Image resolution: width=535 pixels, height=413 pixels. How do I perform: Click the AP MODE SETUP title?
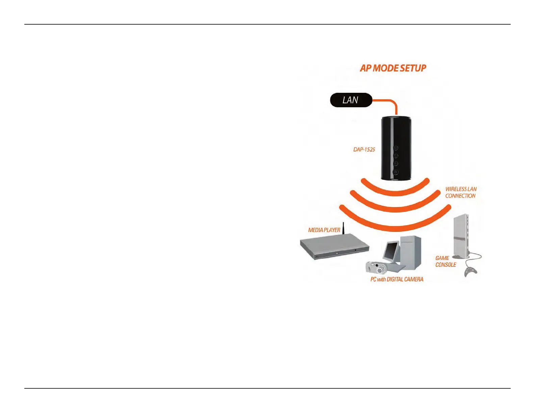click(x=393, y=68)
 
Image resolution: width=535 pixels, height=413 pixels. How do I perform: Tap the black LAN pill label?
click(x=351, y=100)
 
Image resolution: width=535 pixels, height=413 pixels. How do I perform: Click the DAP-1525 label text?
click(x=364, y=149)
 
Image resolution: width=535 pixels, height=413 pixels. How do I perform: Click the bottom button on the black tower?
click(x=396, y=172)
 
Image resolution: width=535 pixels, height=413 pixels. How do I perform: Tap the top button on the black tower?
click(x=396, y=148)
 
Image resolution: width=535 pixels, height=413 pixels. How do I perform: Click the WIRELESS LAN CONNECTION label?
click(x=461, y=192)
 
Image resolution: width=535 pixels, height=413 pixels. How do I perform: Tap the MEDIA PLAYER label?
click(x=324, y=230)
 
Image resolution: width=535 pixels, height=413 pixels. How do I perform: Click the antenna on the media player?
click(x=343, y=228)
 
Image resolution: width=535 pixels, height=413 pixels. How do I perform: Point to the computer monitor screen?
click(x=391, y=251)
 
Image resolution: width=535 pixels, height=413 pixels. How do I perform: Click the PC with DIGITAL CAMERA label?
click(x=397, y=279)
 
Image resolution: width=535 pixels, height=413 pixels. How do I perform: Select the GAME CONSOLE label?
click(x=445, y=261)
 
